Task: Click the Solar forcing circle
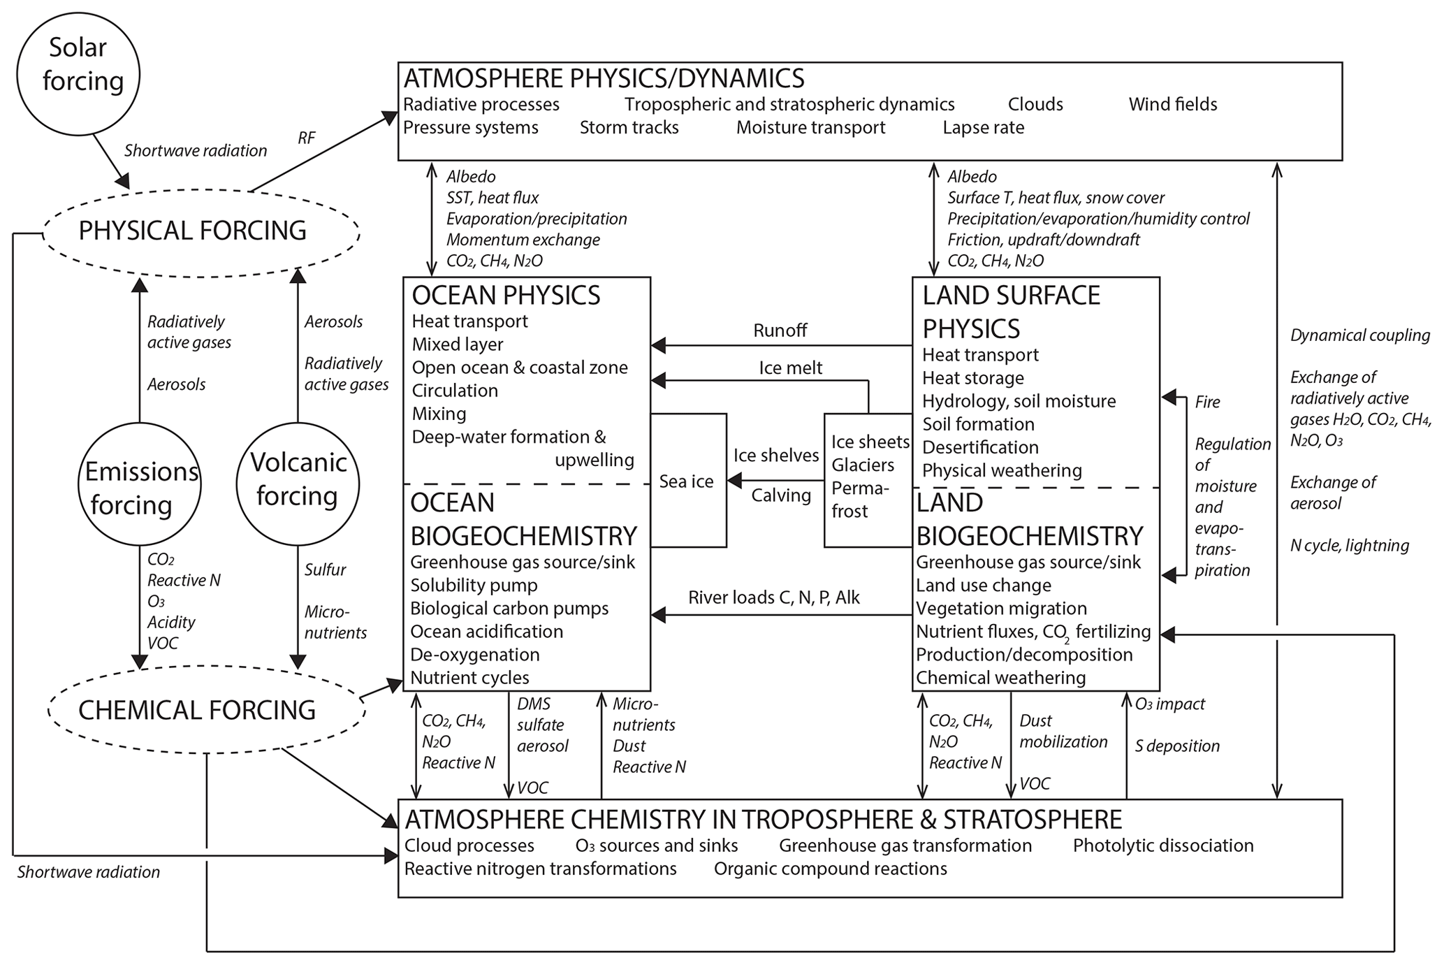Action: [78, 75]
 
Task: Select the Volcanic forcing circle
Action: [298, 484]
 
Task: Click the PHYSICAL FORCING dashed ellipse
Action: [192, 231]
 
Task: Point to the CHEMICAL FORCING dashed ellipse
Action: [197, 710]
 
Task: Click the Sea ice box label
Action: [686, 481]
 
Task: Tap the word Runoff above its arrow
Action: [780, 331]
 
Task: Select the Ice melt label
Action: [790, 368]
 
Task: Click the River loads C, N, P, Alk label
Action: [774, 597]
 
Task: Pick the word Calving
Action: [781, 495]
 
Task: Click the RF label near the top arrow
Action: [306, 138]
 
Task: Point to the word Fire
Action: [1208, 402]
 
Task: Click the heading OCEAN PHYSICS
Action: [506, 296]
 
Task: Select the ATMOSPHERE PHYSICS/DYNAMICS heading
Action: [604, 78]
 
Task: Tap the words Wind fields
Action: [1173, 105]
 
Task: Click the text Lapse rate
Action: [983, 128]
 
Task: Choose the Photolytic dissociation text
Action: [1163, 846]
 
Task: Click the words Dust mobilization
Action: [1063, 731]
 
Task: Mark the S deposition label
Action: [1177, 746]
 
